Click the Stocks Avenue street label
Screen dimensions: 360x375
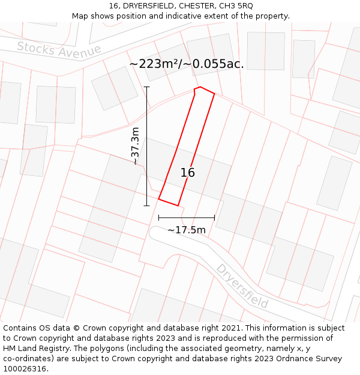tap(59, 50)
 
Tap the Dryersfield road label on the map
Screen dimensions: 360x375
tap(242, 286)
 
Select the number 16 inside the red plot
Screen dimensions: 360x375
tap(188, 173)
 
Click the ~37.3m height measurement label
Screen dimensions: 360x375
tap(136, 146)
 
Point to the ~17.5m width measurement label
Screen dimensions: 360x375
tap(187, 230)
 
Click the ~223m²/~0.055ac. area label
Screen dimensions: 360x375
tap(187, 64)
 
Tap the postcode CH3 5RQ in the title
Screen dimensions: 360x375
tap(236, 5)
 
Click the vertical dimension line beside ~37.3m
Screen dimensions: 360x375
tap(146, 146)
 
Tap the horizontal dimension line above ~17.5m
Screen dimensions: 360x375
tap(187, 218)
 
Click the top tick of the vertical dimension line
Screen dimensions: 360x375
tap(146, 87)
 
